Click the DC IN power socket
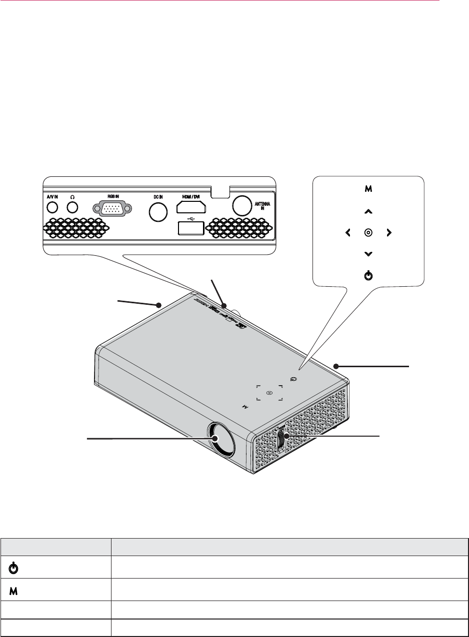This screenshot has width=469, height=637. pos(158,212)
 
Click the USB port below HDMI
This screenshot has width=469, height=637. pos(190,228)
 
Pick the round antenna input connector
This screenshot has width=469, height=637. pos(242,204)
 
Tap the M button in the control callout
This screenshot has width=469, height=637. pos(368,189)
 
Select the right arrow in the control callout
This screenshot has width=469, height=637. pos(388,232)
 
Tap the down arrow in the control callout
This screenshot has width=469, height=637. pos(368,254)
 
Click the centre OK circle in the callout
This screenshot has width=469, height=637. pos(368,232)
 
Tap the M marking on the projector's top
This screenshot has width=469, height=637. pos(245,407)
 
